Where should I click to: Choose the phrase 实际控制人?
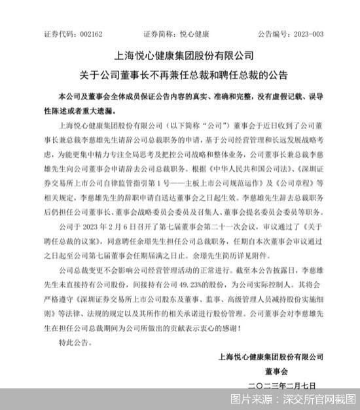coord(278,288)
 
